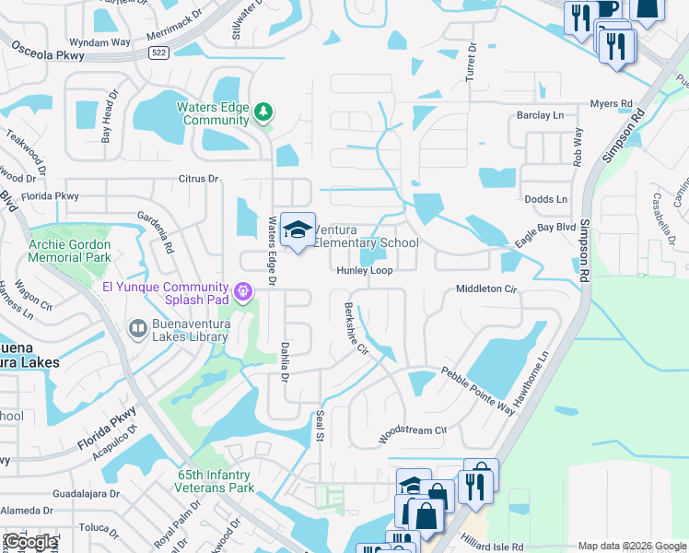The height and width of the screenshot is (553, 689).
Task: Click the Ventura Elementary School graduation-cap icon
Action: pyautogui.click(x=298, y=230)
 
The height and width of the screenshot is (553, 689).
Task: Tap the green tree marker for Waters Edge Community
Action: pyautogui.click(x=263, y=112)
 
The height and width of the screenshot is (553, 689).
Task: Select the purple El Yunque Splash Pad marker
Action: pyautogui.click(x=243, y=292)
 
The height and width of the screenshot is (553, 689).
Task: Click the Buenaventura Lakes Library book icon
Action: pyautogui.click(x=137, y=328)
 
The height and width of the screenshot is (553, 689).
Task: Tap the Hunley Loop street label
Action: pyautogui.click(x=365, y=271)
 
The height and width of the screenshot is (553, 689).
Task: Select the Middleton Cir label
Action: pyautogui.click(x=488, y=289)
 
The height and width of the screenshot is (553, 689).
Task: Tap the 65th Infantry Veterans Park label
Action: pyautogui.click(x=216, y=481)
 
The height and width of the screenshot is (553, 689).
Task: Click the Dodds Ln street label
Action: pyautogui.click(x=545, y=199)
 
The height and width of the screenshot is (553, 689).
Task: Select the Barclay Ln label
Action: pyautogui.click(x=540, y=115)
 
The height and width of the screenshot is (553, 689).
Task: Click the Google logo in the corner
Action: pyautogui.click(x=30, y=542)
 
